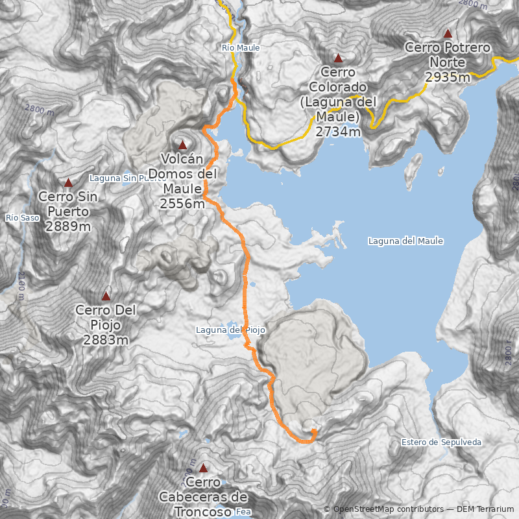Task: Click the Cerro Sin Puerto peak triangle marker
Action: tap(68, 183)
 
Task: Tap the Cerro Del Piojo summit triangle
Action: tap(106, 296)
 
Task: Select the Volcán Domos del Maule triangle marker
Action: tap(182, 145)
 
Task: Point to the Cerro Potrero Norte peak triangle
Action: tap(447, 33)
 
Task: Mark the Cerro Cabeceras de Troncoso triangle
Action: tap(203, 468)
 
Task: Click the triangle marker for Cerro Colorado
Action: tap(337, 58)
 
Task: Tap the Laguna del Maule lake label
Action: tap(405, 241)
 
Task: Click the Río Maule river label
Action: tap(241, 48)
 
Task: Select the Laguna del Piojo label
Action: tap(230, 330)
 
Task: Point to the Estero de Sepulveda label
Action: tap(441, 442)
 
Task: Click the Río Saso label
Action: tap(21, 217)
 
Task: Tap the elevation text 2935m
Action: tap(448, 78)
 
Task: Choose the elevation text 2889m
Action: tap(68, 226)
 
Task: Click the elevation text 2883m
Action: tap(106, 340)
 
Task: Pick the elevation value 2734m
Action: tap(338, 132)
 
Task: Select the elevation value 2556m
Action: tap(182, 204)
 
